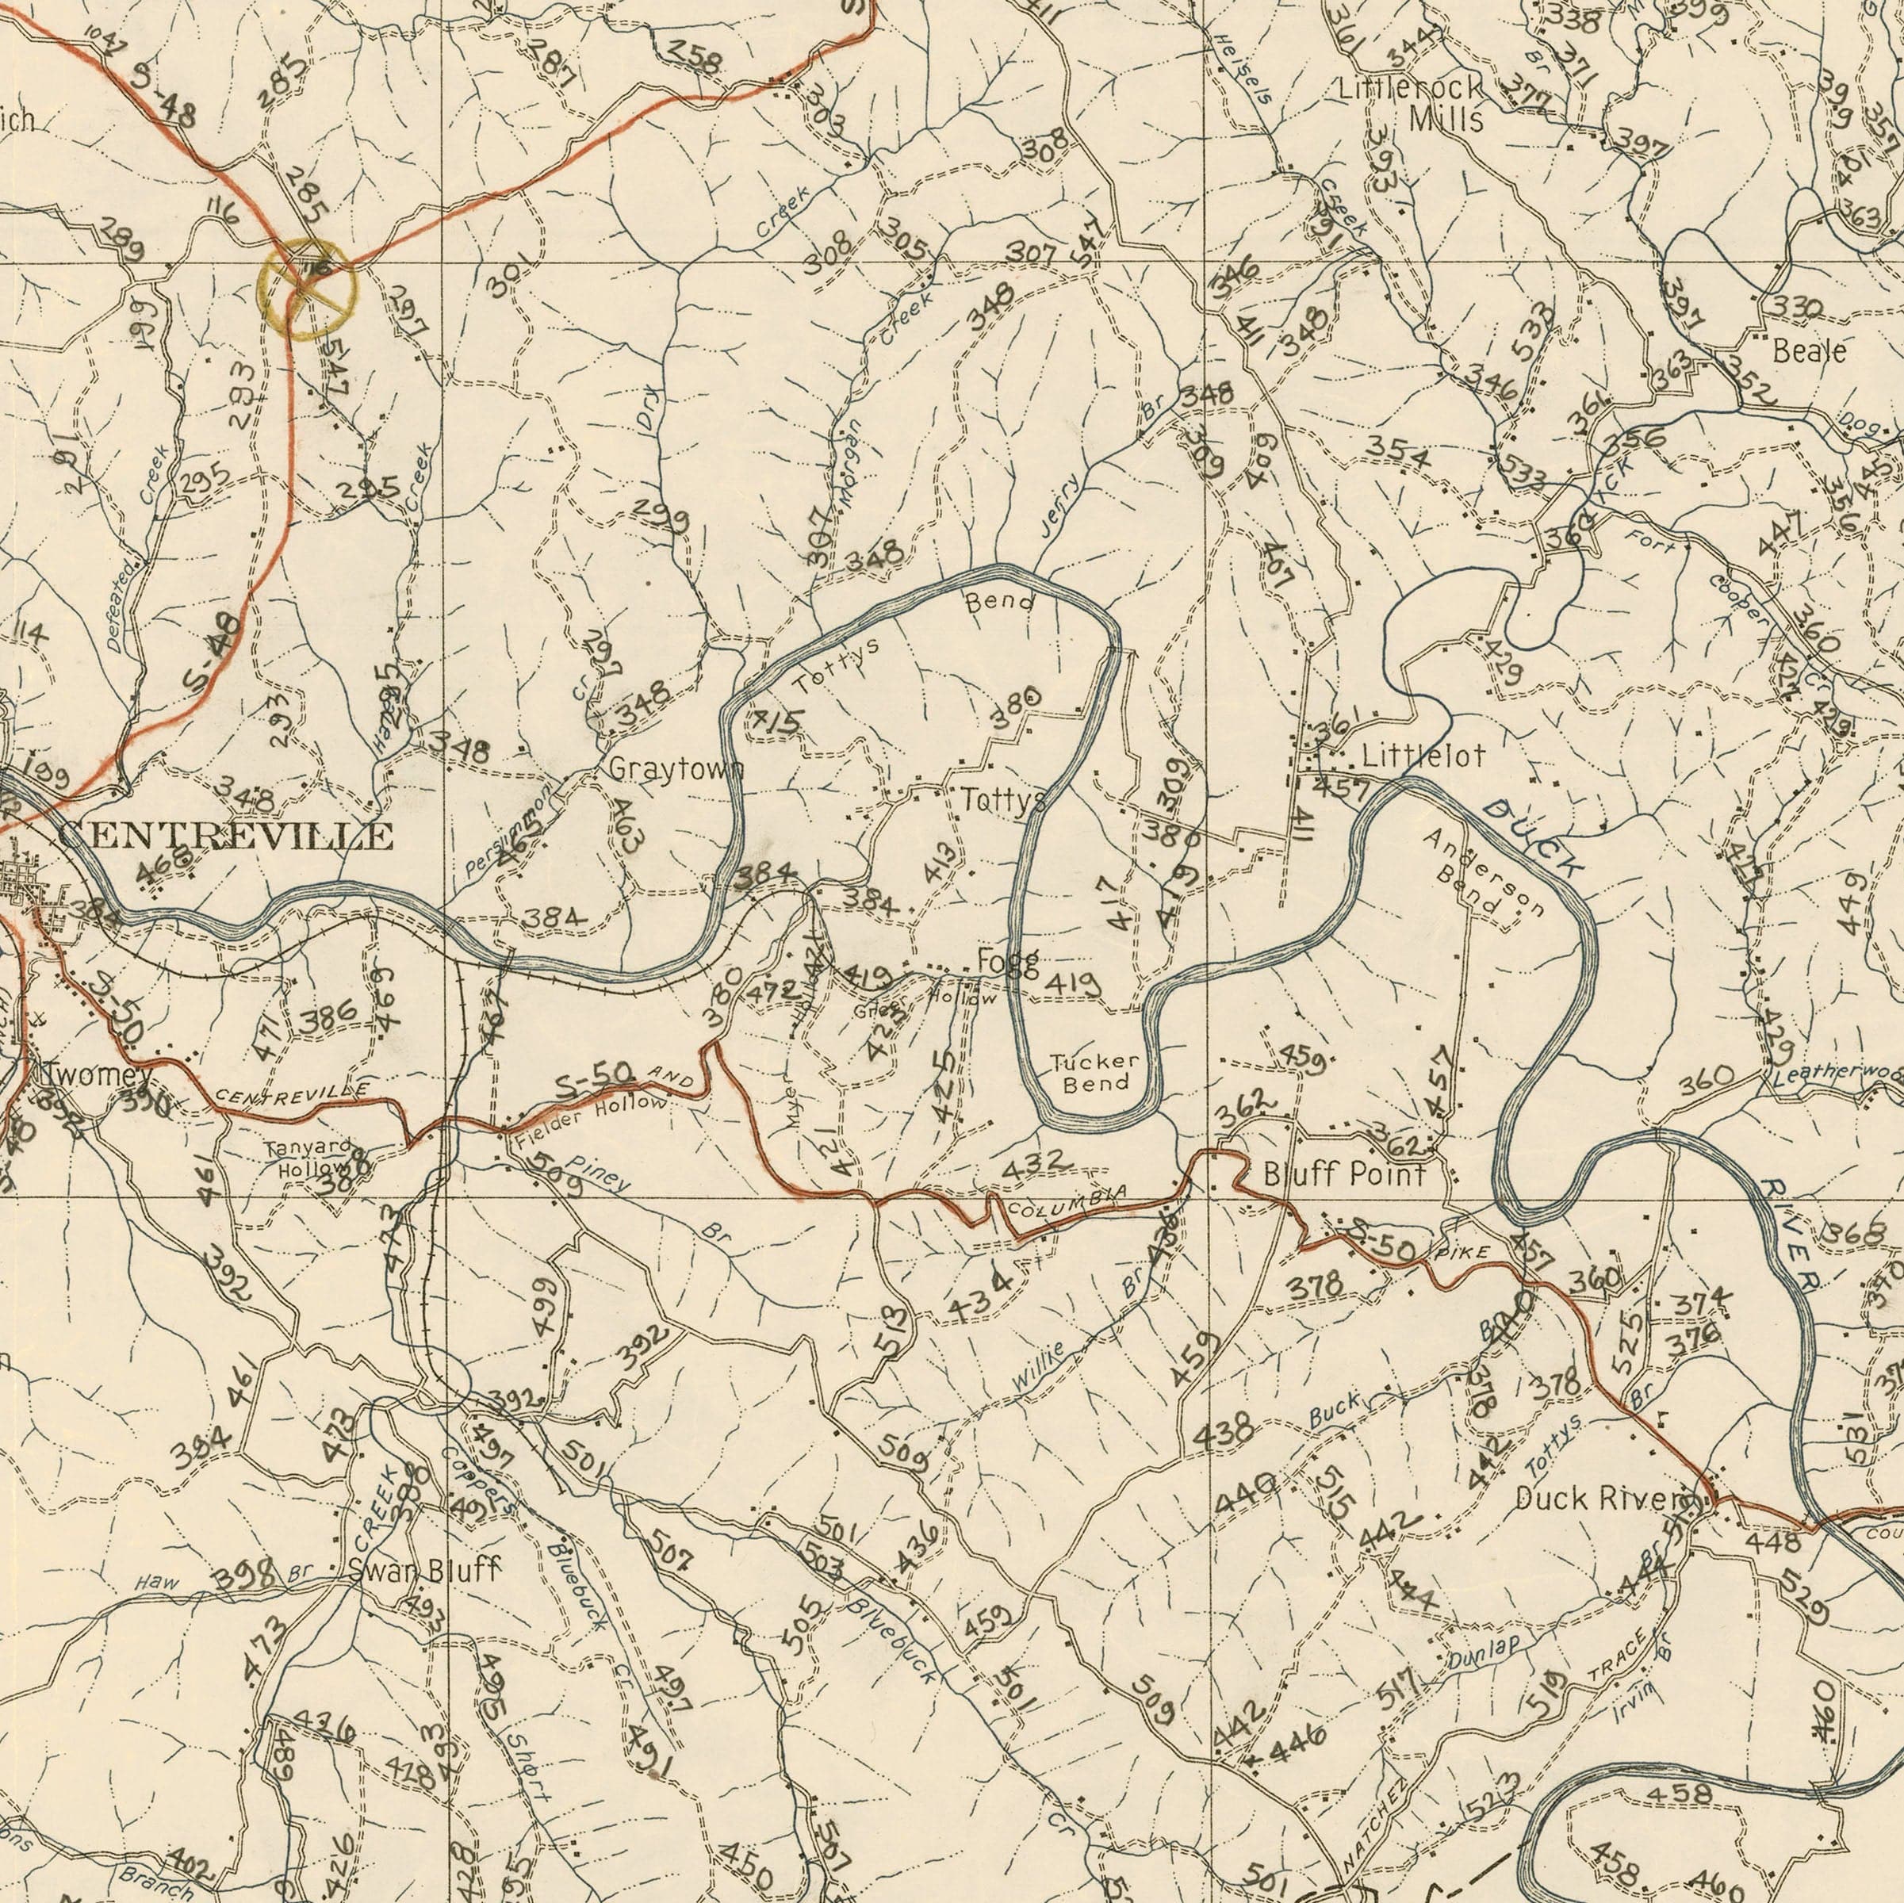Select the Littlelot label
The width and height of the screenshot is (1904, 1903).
tap(1422, 757)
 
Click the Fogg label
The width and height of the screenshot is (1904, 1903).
tap(1007, 962)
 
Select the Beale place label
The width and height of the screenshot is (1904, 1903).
tap(1808, 350)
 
